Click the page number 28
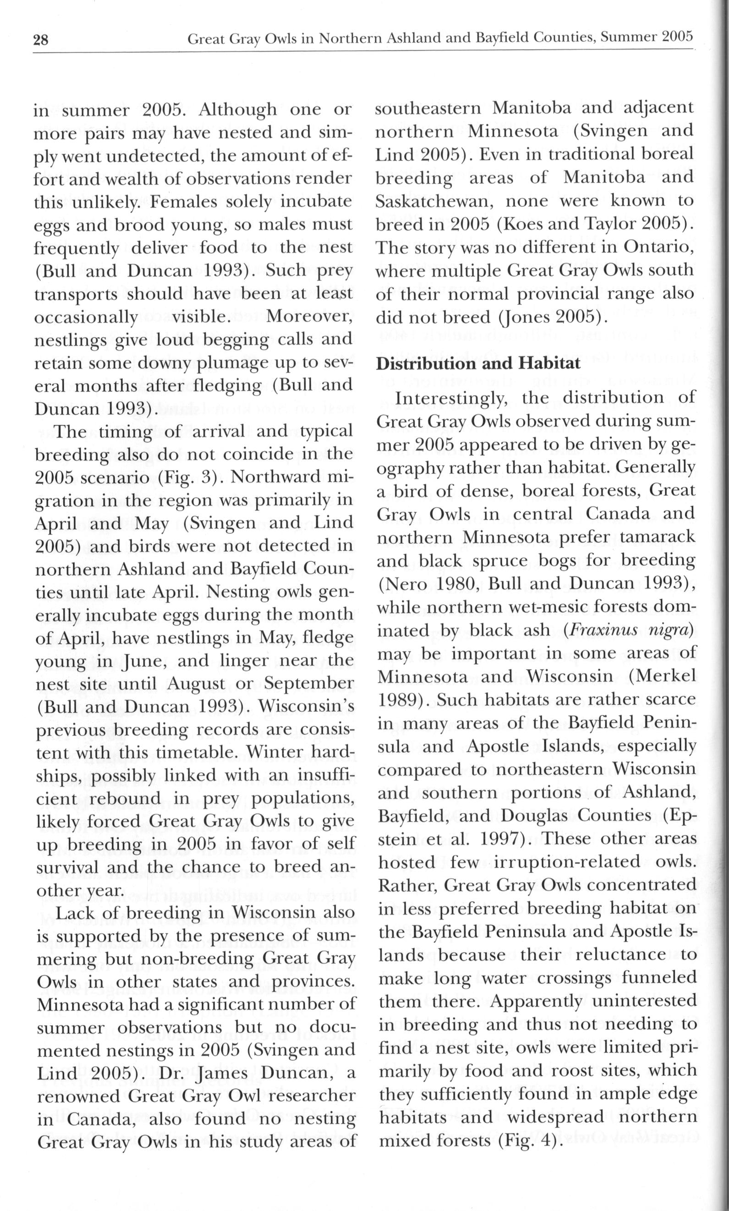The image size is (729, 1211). coord(41,40)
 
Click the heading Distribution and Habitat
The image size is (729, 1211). coord(478,363)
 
